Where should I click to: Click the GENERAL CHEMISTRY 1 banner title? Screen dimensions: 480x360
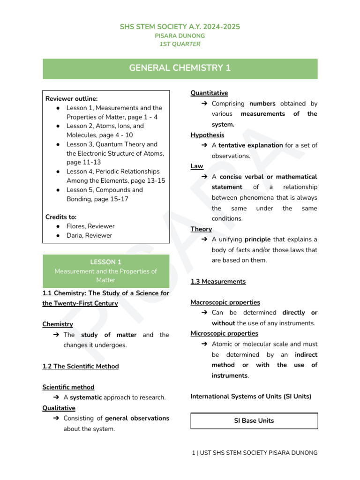pos(180,68)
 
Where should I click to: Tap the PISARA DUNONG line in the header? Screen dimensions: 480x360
pos(180,36)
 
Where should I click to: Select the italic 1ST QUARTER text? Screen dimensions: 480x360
pos(180,44)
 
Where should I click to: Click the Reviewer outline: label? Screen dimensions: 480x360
pos(71,98)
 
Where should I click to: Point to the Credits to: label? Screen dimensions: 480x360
pos(61,217)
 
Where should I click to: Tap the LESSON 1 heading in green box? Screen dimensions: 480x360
pos(105,262)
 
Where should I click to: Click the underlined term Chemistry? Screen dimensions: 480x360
pos(58,324)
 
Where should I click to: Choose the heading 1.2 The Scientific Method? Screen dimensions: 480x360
pos(80,366)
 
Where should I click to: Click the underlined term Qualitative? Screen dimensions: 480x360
pos(59,408)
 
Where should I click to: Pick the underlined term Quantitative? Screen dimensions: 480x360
pos(209,93)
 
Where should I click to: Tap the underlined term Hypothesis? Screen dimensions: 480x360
pos(207,135)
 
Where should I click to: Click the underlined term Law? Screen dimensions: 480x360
pos(197,166)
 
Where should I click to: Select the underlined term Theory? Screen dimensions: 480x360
pos(201,229)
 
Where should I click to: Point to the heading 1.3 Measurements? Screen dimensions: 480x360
pos(218,281)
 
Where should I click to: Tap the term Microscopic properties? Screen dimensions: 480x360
pos(224,333)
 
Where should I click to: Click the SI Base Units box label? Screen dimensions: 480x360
pos(254,420)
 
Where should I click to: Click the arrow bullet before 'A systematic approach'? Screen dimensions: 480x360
pos(56,397)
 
